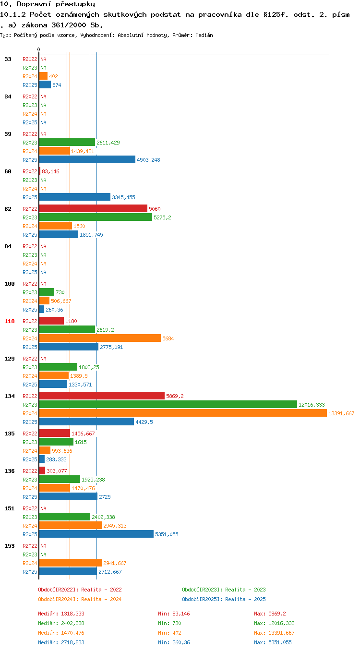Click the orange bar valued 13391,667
183,413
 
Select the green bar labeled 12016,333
168,404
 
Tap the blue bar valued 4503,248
87,159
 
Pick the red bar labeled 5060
93,208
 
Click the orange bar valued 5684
100,338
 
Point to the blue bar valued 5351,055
96,534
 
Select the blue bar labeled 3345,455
75,197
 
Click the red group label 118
9,321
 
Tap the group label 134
9,396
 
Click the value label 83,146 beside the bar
50,171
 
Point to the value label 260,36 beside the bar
54,310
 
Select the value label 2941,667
115,563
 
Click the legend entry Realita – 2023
224,590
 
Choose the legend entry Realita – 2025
224,599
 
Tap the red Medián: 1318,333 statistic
61,614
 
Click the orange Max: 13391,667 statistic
274,633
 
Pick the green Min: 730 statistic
169,623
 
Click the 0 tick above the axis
39,50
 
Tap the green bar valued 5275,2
96,217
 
